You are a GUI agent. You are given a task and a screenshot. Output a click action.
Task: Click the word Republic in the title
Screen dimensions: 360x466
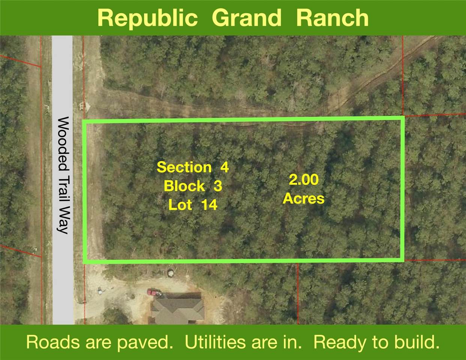tap(147, 18)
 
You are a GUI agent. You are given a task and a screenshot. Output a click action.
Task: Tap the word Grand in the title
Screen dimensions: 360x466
tap(247, 18)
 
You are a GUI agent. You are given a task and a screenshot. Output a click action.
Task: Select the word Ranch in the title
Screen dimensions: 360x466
tap(332, 18)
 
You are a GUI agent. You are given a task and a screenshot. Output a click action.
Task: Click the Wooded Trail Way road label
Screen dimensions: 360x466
tap(63, 175)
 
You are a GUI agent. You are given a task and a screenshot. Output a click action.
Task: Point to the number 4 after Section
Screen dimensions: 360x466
tap(224, 167)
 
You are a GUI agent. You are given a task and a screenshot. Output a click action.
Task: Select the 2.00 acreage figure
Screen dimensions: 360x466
tap(304, 180)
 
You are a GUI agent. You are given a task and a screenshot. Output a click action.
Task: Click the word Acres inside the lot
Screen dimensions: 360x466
tap(304, 198)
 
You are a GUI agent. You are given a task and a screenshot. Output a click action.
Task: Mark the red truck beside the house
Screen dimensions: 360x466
tap(153, 292)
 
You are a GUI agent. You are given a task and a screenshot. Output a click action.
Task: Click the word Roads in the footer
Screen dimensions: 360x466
tap(53, 342)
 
